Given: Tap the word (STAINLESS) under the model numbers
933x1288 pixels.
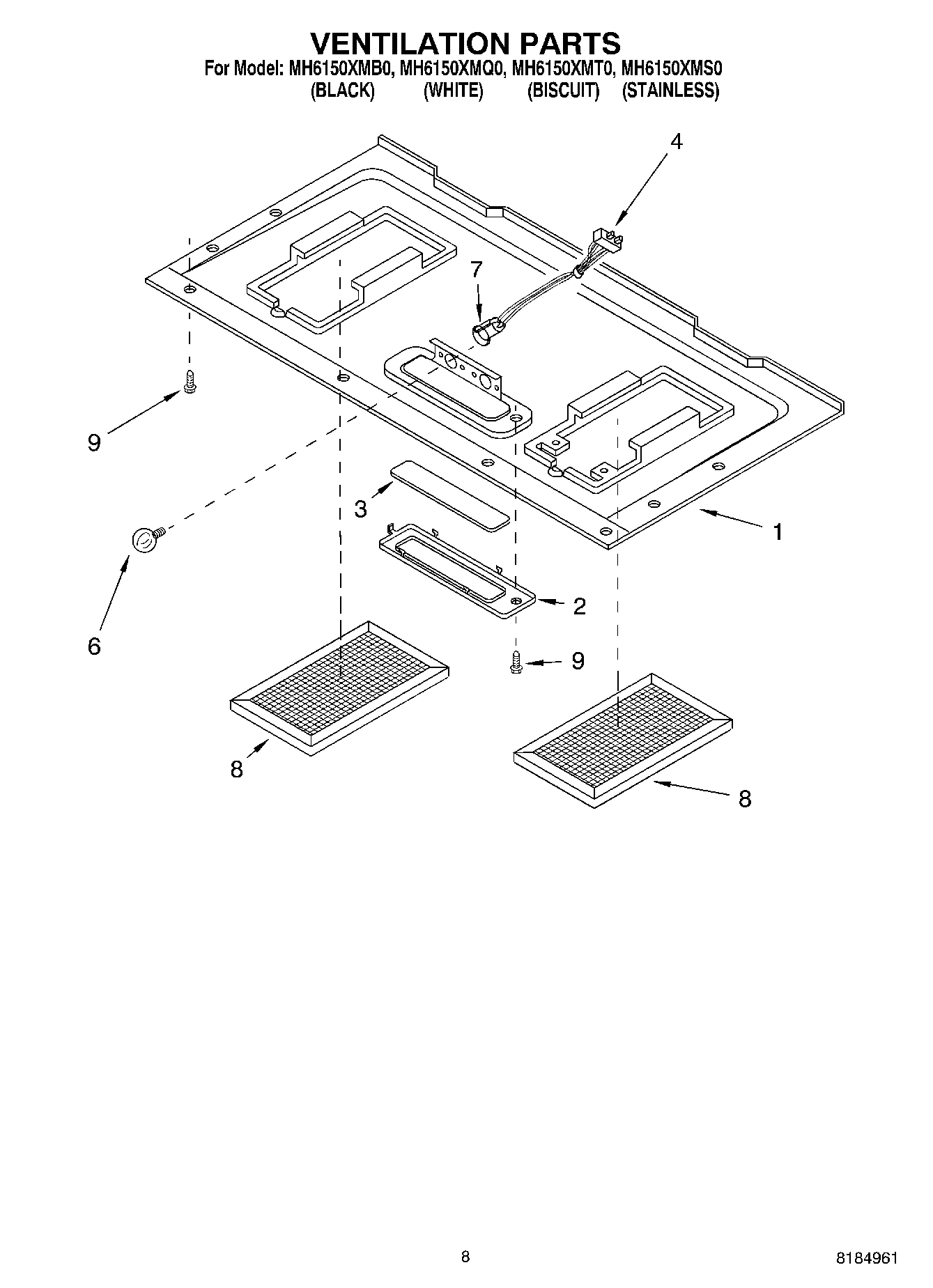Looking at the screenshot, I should pos(670,91).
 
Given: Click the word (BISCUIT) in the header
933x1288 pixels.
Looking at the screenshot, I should pos(563,91).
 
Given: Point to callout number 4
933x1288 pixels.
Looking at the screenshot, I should pos(676,141).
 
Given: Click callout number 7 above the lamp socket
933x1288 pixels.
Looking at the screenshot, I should pos(476,269).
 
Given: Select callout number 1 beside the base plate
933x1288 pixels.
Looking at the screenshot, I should pos(778,532).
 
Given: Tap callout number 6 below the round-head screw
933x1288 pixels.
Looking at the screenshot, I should pos(94,646).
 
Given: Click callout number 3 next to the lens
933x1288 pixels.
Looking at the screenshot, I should pos(360,509).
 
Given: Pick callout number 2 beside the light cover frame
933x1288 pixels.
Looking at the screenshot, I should pos(579,606).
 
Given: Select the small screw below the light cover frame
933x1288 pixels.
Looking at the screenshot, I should pos(516,661).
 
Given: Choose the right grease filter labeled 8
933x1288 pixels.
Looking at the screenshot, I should pos(622,740).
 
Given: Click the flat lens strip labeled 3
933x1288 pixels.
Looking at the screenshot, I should pos(449,495).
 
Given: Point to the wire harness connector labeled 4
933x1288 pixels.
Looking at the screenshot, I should pos(603,240).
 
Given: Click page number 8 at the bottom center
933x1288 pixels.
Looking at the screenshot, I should pos(465,1257).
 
